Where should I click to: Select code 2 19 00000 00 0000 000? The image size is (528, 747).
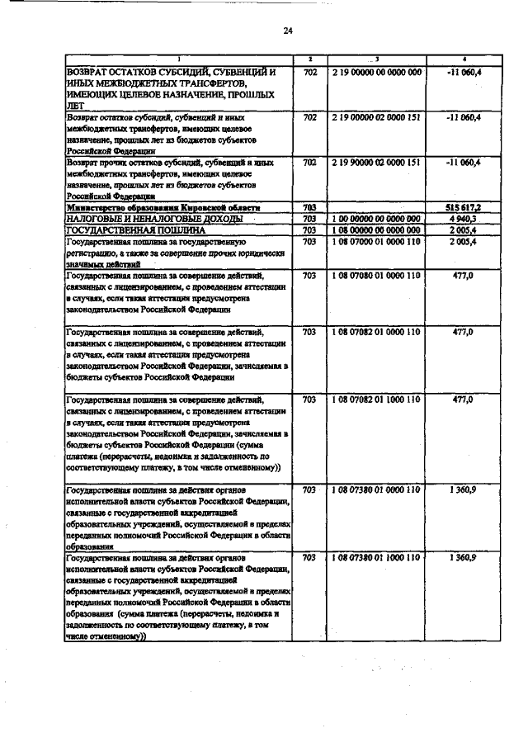[376, 73]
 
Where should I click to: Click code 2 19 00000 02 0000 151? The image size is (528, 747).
[376, 118]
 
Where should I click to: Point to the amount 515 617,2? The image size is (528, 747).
[464, 207]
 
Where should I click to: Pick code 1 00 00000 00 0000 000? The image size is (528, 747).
[376, 219]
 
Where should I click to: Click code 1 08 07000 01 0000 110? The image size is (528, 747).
[376, 242]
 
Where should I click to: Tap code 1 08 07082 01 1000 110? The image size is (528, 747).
[376, 399]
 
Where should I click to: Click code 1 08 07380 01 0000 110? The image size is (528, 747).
[376, 489]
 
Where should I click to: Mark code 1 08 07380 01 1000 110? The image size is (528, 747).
[376, 557]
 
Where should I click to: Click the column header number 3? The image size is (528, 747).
[376, 59]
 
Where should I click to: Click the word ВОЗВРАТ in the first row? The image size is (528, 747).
[92, 73]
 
